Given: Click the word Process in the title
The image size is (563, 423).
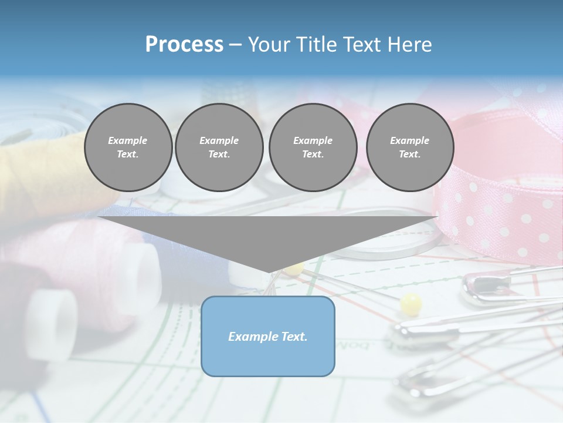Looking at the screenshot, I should (x=184, y=45).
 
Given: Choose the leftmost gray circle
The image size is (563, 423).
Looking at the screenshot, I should (x=128, y=147).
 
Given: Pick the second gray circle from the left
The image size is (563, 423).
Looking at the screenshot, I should (x=219, y=147).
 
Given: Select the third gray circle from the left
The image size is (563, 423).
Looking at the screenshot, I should (x=313, y=147).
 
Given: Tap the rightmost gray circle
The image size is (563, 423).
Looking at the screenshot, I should (x=410, y=147).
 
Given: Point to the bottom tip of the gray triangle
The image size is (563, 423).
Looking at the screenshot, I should (x=268, y=271).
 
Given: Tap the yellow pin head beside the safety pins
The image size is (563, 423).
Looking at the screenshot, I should (x=411, y=304).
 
